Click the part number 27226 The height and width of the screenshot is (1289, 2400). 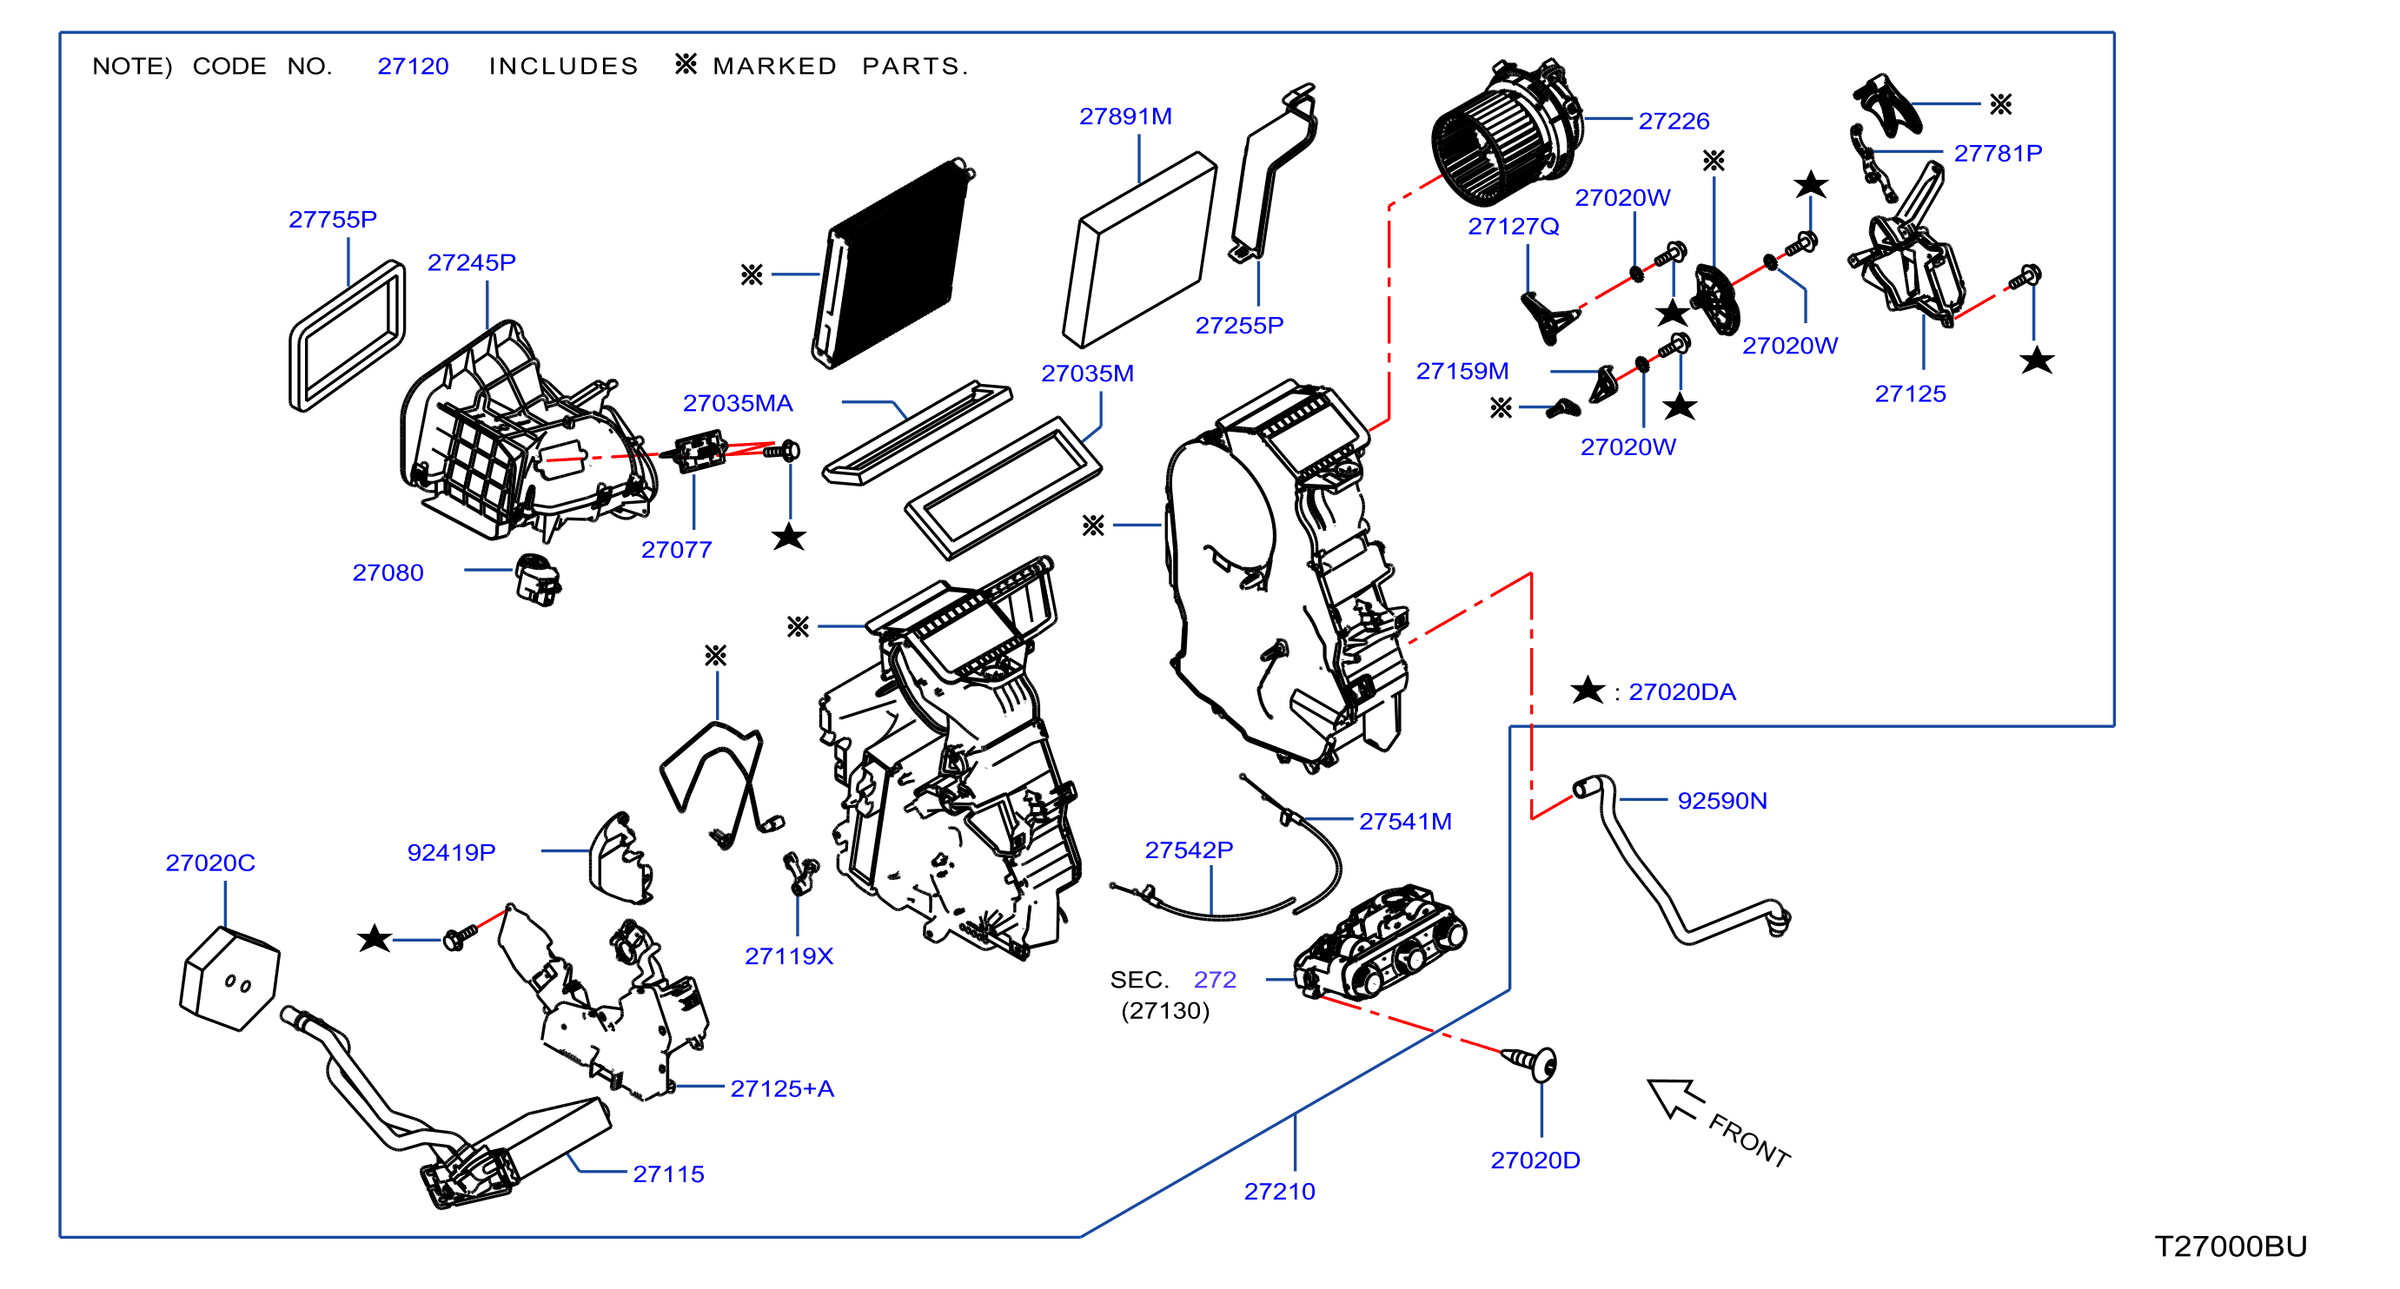tap(1674, 121)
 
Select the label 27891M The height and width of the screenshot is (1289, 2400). tap(1125, 116)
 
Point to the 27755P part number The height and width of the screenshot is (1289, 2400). tap(333, 219)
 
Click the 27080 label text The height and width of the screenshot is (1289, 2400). tap(388, 572)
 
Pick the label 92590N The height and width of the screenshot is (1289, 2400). tap(1721, 801)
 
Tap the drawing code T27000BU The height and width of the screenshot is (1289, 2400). tap(2231, 1246)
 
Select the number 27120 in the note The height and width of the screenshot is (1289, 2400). tap(413, 66)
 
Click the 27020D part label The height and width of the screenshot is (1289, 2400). tap(1535, 1160)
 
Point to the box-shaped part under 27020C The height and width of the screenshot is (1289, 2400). tap(229, 979)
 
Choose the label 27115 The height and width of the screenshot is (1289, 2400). tap(668, 1174)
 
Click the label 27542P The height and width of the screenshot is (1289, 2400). tap(1189, 850)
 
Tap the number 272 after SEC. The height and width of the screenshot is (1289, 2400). tap(1215, 980)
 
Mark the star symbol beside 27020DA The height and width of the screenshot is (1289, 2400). tap(1588, 691)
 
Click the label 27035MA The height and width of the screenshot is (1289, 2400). tap(738, 403)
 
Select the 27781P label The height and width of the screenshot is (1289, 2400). tap(1998, 153)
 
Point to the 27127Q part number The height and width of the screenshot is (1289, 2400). tap(1513, 227)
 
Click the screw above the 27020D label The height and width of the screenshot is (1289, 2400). tap(1531, 1061)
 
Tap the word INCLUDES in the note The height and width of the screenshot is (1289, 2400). tap(564, 66)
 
